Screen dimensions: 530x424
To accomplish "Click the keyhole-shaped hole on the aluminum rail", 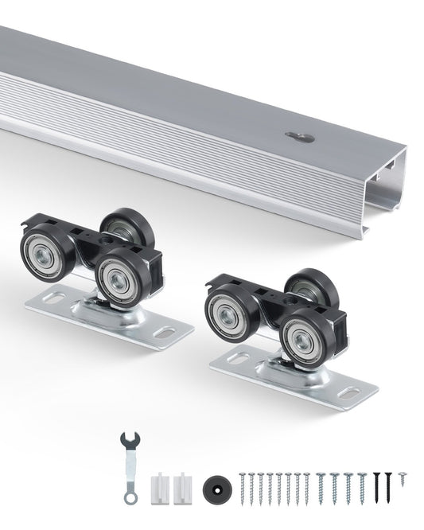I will (x=300, y=137).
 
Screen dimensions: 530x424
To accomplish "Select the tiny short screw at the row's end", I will (x=403, y=477).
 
